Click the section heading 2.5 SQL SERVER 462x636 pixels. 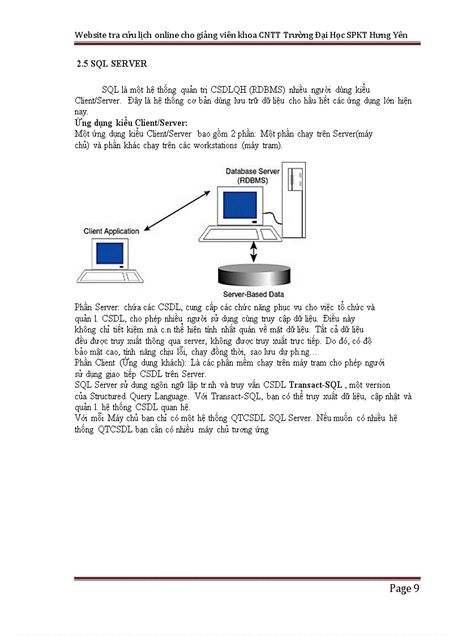tap(112, 64)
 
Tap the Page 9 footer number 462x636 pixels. tap(404, 588)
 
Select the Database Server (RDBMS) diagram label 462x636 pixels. tap(253, 175)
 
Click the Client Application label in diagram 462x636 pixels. tap(111, 231)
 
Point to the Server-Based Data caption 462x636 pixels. tap(253, 294)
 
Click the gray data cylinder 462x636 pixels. tap(254, 275)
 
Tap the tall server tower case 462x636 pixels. tap(294, 198)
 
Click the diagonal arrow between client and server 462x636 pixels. tap(179, 212)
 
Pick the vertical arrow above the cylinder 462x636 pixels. tap(254, 249)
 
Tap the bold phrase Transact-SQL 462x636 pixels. tap(315, 385)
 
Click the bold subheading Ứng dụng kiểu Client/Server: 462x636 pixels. tap(131, 123)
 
